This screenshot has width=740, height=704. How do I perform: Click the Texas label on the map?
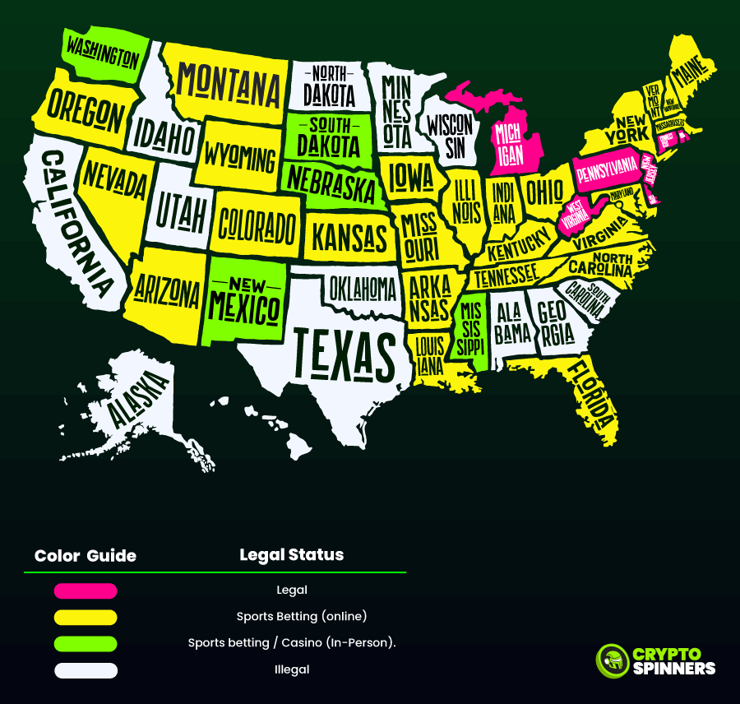tap(345, 353)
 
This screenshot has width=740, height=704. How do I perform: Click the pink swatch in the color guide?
tap(86, 591)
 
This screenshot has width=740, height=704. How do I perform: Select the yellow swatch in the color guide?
tap(86, 617)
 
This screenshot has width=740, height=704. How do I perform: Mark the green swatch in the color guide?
tap(86, 643)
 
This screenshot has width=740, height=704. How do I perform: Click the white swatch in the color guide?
tap(86, 670)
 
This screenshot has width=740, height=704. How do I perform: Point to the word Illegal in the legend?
tap(292, 669)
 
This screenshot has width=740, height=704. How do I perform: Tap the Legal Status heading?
tap(291, 554)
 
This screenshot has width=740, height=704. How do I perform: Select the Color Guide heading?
tap(86, 556)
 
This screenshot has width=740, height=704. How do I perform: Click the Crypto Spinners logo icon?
tap(611, 660)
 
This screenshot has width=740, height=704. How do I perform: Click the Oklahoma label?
tap(363, 288)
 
